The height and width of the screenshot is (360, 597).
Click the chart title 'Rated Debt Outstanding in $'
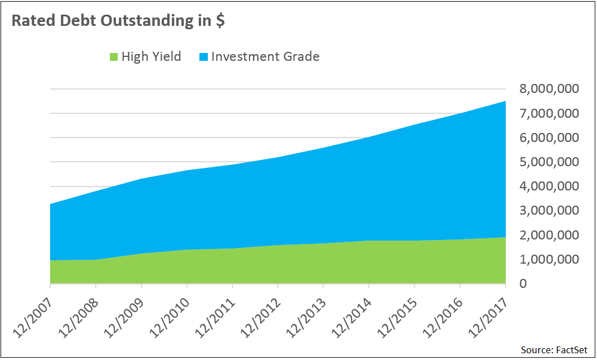(x=119, y=20)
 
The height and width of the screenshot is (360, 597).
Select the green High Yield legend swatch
(x=113, y=56)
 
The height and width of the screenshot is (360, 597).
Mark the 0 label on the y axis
(x=523, y=284)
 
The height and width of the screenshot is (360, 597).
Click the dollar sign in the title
(x=221, y=21)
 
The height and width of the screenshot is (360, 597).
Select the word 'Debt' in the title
(x=73, y=20)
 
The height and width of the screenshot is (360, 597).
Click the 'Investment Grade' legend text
(x=265, y=56)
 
